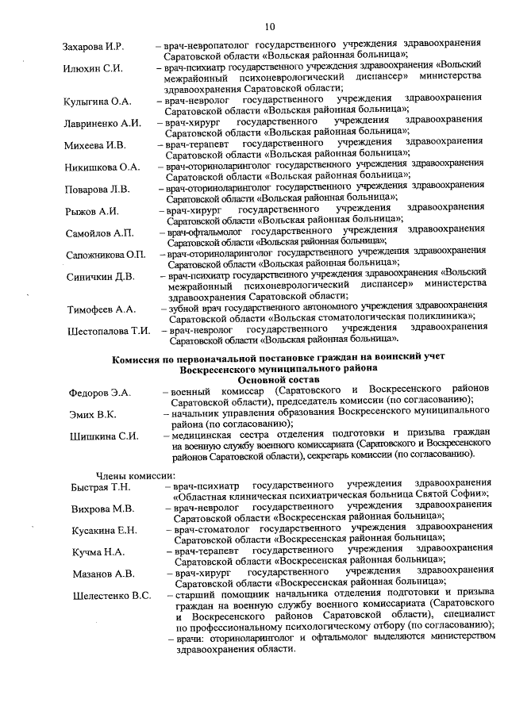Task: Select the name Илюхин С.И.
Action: (93, 68)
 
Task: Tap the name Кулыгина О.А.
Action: (98, 102)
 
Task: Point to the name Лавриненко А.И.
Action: (102, 123)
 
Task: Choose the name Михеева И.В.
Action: (96, 145)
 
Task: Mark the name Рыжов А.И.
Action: (92, 211)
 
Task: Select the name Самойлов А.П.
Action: (99, 232)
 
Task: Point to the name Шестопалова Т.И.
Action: (109, 331)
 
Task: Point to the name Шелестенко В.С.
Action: (111, 596)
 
